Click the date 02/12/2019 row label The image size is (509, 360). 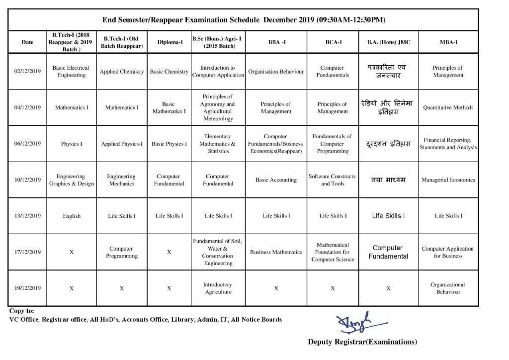pos(27,72)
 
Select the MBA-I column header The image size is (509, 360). pos(448,42)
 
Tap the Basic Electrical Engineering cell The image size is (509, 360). pos(71,72)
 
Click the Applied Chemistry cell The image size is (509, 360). pos(122,72)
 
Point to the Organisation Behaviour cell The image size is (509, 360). pos(276,72)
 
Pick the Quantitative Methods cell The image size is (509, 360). pos(448,107)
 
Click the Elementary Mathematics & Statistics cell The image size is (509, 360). pos(218,144)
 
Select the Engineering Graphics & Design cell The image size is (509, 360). pos(71,180)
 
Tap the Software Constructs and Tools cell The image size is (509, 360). pos(333,180)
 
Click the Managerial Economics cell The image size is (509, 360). pos(448,180)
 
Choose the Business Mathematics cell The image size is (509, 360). pos(276,252)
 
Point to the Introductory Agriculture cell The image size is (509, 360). pos(218,288)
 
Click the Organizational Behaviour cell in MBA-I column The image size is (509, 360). pos(448,288)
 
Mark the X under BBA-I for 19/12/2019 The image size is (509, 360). pos(276,288)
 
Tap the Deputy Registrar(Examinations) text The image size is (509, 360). pos(362,342)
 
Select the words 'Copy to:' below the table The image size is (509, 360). pos(21,311)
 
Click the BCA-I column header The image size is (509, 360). pos(333,42)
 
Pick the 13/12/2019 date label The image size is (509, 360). pos(27,216)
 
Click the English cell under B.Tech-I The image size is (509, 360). pos(71,216)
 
